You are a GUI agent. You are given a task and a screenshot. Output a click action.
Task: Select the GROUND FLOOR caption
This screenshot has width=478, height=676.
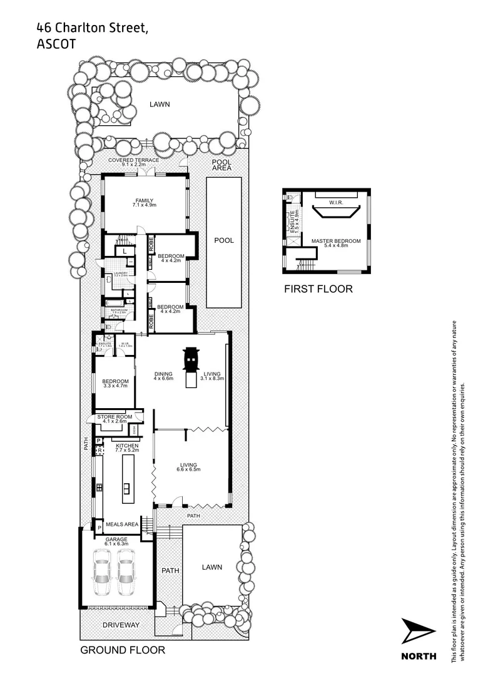(x=123, y=650)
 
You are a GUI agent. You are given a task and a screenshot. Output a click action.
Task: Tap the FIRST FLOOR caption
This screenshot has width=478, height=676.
(x=318, y=289)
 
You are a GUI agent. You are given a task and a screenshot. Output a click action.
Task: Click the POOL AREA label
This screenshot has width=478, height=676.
(x=221, y=165)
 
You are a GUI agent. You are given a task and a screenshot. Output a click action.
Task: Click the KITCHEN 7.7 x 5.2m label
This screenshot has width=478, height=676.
(x=126, y=448)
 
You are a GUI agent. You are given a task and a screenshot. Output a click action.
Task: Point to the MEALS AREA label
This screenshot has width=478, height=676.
(x=122, y=525)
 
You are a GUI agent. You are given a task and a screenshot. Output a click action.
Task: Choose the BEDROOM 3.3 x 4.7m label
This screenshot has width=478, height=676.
(x=115, y=384)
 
